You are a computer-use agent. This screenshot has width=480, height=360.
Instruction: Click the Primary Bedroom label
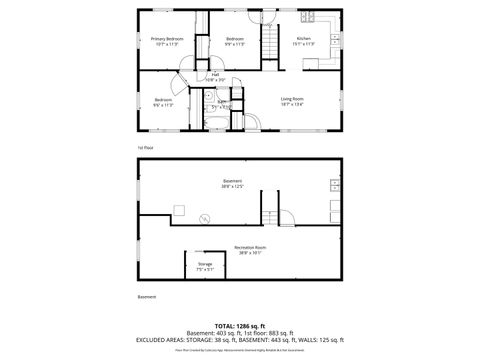click(164, 39)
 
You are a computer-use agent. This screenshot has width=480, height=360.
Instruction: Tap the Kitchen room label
click(302, 39)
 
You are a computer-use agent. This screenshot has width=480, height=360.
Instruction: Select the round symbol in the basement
click(204, 220)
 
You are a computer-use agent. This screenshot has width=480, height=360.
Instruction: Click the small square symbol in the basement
click(179, 209)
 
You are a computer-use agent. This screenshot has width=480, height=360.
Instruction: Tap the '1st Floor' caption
click(145, 148)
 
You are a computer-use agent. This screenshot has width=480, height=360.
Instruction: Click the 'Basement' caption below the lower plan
click(146, 297)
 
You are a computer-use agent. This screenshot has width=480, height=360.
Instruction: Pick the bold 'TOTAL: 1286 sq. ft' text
click(239, 325)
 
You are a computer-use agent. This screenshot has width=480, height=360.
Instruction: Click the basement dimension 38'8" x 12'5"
click(232, 186)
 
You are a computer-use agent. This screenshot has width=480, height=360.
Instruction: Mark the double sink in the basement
click(334, 184)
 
